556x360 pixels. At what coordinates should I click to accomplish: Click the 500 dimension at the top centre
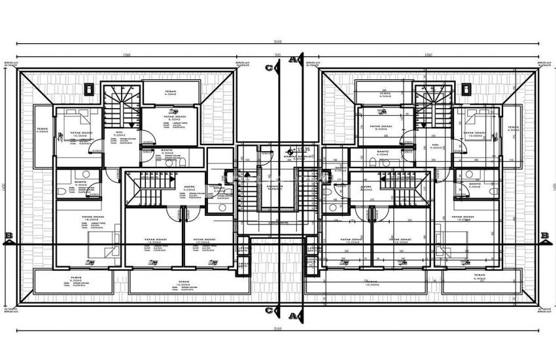(277, 55)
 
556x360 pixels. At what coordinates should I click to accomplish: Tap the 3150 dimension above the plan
(278, 42)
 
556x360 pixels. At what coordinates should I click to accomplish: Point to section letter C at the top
(269, 67)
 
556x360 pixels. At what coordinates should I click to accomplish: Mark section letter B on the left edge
(8, 237)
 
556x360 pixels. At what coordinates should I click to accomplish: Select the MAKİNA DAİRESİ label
(296, 157)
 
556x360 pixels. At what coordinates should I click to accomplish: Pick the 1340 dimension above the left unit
(124, 55)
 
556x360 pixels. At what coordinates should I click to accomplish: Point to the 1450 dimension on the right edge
(551, 188)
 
